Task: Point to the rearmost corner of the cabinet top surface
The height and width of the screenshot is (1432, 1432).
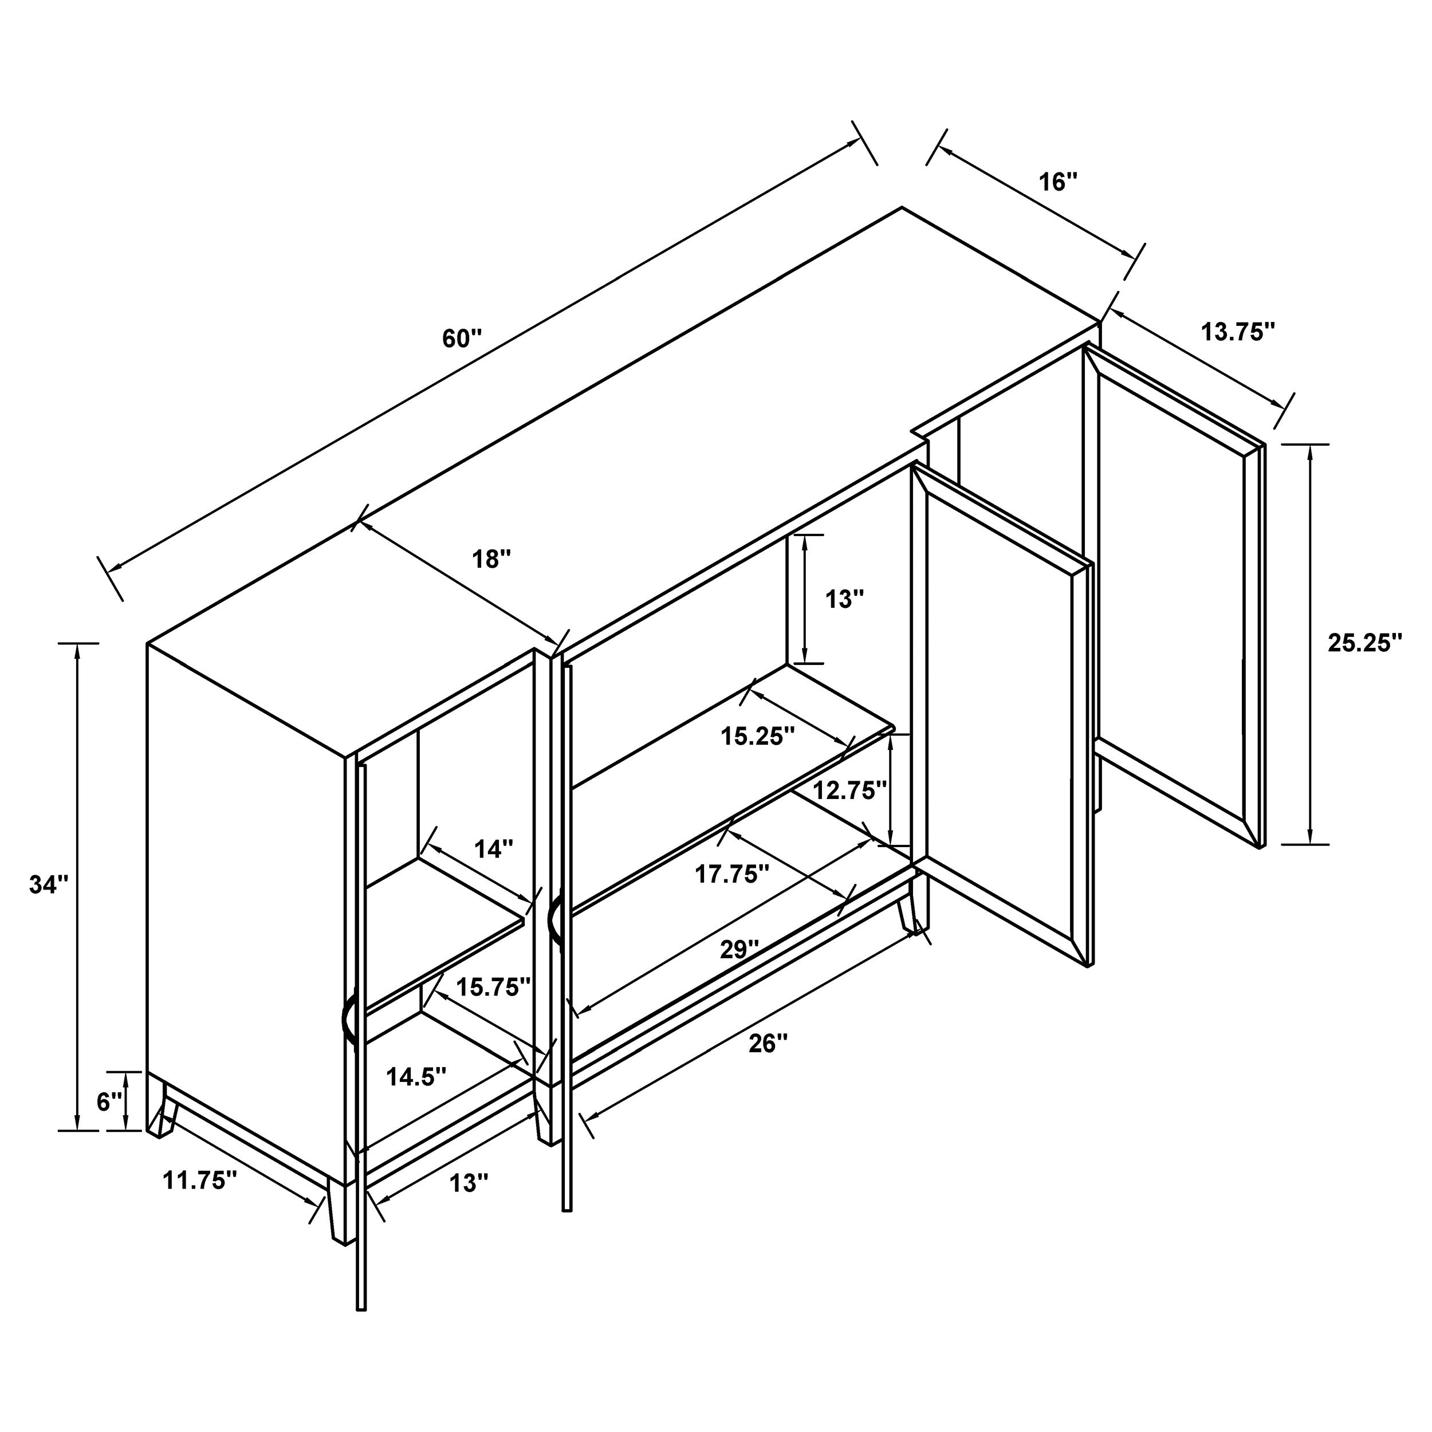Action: pyautogui.click(x=902, y=207)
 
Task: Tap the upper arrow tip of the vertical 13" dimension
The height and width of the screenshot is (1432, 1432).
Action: pyautogui.click(x=804, y=534)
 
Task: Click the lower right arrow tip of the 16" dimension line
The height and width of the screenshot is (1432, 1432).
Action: pyautogui.click(x=1135, y=257)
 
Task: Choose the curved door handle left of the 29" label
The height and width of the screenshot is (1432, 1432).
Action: pyautogui.click(x=554, y=923)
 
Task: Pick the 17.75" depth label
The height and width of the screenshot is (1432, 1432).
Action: pyautogui.click(x=732, y=875)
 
